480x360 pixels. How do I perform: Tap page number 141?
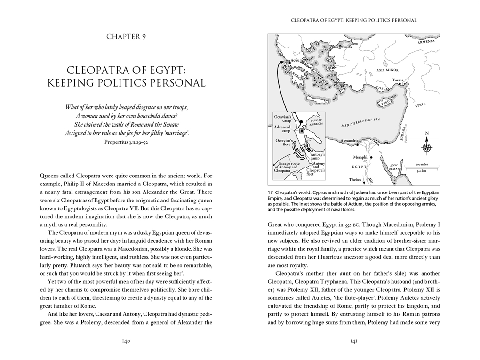click(353, 341)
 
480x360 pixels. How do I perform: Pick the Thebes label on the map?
click(355, 179)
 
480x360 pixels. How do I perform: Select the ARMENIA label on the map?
click(425, 42)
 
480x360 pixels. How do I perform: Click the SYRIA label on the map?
click(420, 105)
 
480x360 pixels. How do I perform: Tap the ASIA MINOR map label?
click(387, 70)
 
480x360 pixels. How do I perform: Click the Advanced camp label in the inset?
click(283, 129)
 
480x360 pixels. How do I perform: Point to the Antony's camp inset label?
click(319, 156)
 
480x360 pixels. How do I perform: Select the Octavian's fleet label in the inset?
click(284, 142)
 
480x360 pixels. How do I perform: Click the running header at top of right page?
click(354, 20)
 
